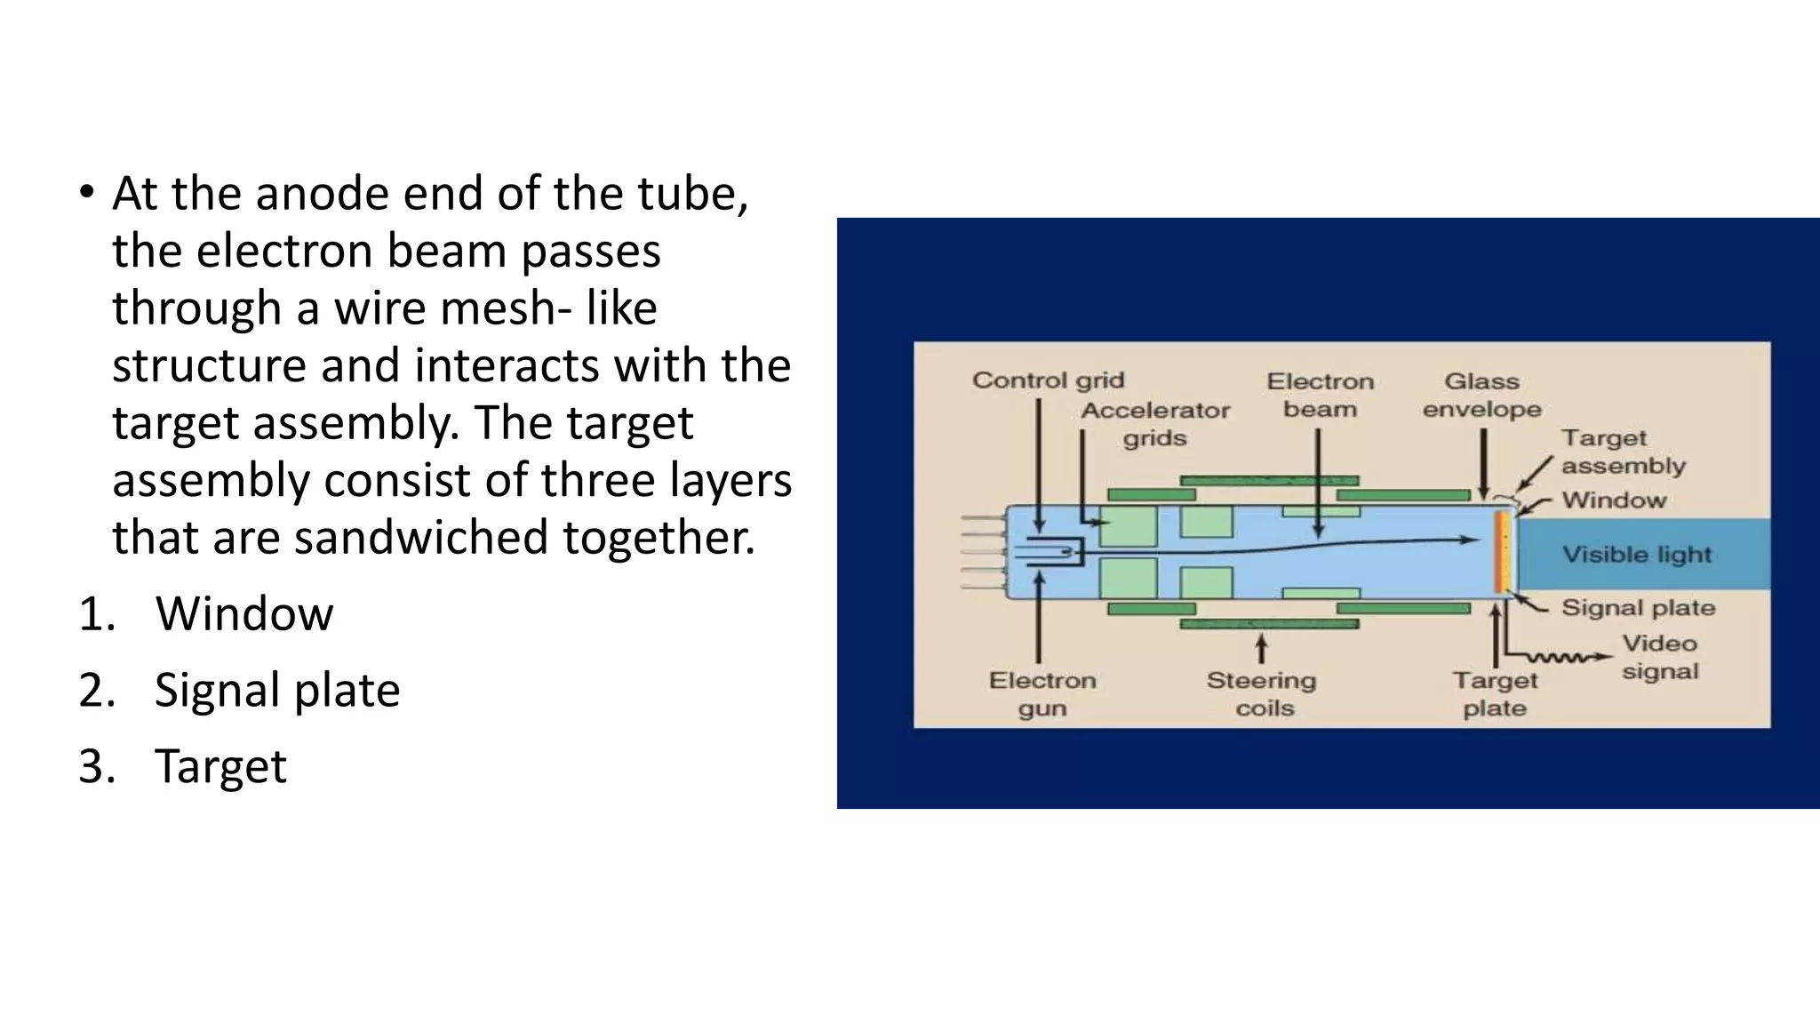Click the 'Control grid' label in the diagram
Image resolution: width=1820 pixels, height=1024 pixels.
pos(1048,380)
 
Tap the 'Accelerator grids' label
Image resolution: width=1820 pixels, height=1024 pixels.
pos(1154,424)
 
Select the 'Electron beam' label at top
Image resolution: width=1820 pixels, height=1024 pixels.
pos(1320,395)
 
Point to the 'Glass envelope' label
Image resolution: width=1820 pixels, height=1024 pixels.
pos(1481,395)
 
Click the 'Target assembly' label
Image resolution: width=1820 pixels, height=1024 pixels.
pos(1623,452)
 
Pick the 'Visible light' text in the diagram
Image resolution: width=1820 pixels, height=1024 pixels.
pos(1637,555)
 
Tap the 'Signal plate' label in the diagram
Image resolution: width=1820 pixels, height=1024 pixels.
pos(1638,608)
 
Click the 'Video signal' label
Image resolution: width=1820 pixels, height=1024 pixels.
pos(1659,657)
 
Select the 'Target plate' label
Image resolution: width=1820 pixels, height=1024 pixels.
pos(1495,694)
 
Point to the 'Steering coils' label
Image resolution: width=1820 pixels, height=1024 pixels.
pos(1262,694)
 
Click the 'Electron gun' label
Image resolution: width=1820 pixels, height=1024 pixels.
pos(1042,694)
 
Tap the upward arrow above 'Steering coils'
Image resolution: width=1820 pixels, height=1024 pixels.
pos(1261,648)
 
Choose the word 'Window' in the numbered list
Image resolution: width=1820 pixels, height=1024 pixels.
pos(244,613)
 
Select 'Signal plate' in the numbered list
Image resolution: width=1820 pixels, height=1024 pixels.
pos(277,690)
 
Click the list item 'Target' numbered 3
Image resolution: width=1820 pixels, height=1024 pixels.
pos(220,766)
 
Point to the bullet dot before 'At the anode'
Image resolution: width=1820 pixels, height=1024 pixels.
pos(85,192)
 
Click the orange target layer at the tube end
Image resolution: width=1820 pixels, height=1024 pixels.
pos(1499,551)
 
